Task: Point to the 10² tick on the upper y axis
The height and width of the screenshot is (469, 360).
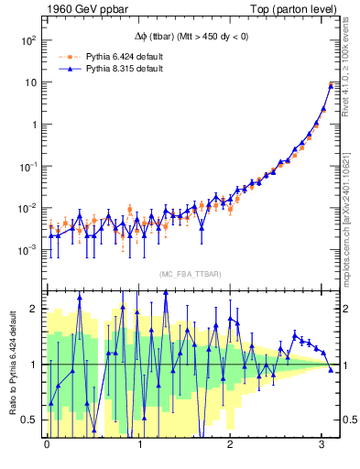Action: (28, 41)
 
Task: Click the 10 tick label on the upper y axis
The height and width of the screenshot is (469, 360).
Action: (31, 82)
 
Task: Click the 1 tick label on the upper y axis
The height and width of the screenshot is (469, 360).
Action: (34, 125)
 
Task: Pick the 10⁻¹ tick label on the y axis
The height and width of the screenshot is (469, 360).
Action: (28, 167)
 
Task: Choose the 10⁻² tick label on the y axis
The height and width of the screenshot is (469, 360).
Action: (28, 208)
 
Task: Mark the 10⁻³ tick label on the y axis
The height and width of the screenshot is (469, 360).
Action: (28, 249)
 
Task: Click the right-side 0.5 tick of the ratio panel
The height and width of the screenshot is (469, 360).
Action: (345, 420)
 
